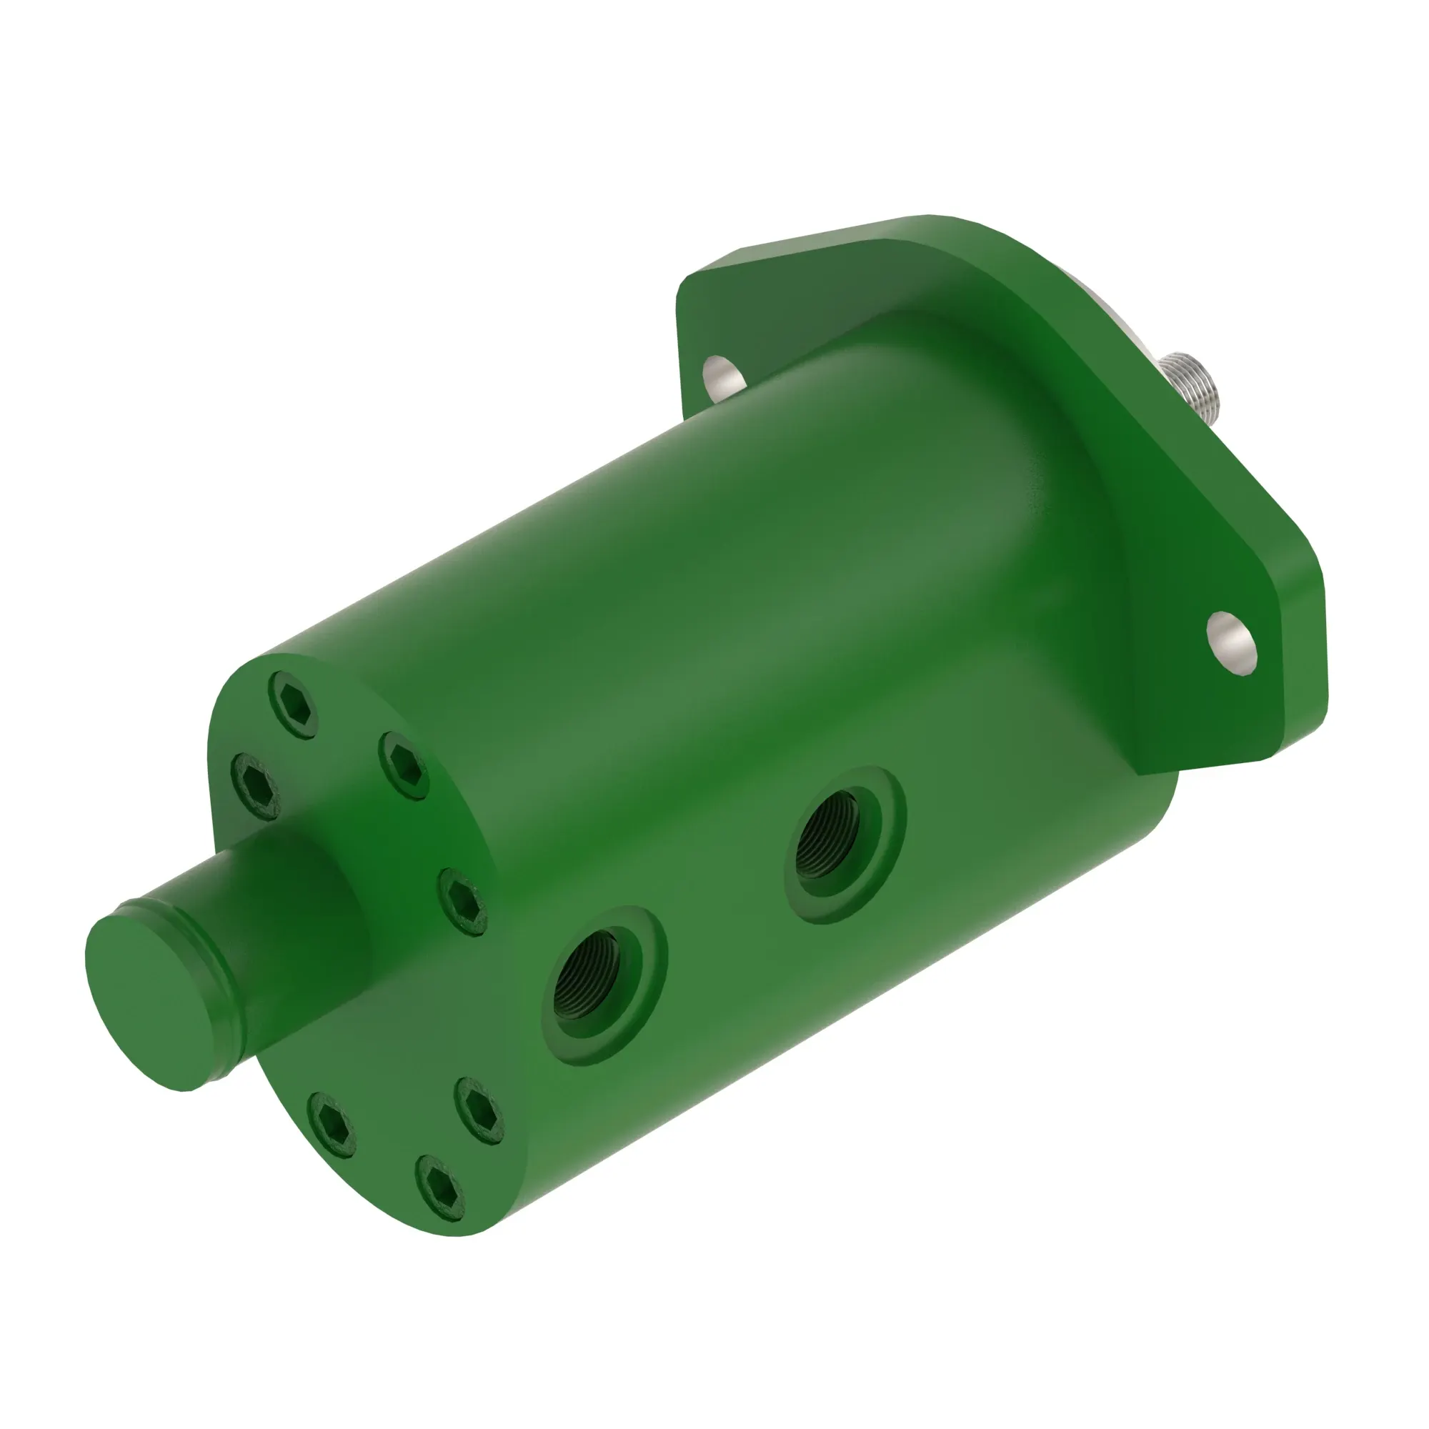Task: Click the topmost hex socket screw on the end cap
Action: (x=294, y=705)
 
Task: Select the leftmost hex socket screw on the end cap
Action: (x=255, y=786)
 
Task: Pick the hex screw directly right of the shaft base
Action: (x=463, y=902)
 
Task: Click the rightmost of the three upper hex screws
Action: (x=404, y=765)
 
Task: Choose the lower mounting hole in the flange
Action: (x=1231, y=643)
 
